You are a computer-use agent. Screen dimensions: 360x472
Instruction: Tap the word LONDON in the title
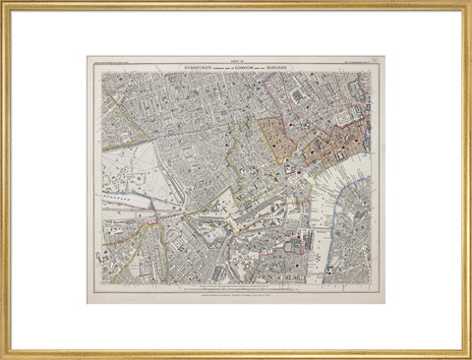(251, 66)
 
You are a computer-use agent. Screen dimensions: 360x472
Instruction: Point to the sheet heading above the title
(236, 60)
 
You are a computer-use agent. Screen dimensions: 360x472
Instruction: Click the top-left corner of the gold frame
(4, 4)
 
